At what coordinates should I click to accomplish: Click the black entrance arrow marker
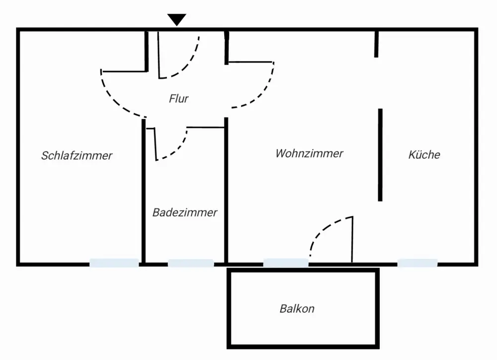[176, 19]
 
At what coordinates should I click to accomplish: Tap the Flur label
[178, 99]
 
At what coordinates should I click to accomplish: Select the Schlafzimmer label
[77, 155]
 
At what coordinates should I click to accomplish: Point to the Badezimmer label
[185, 213]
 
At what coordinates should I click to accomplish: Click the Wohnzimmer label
[309, 153]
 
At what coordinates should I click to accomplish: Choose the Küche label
[424, 154]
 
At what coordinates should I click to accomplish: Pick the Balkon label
[297, 309]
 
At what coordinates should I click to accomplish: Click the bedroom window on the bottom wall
[114, 263]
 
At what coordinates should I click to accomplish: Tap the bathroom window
[191, 263]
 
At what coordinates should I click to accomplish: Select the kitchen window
[417, 263]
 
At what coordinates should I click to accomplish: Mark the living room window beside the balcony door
[285, 263]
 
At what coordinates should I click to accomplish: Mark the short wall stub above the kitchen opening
[376, 44]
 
